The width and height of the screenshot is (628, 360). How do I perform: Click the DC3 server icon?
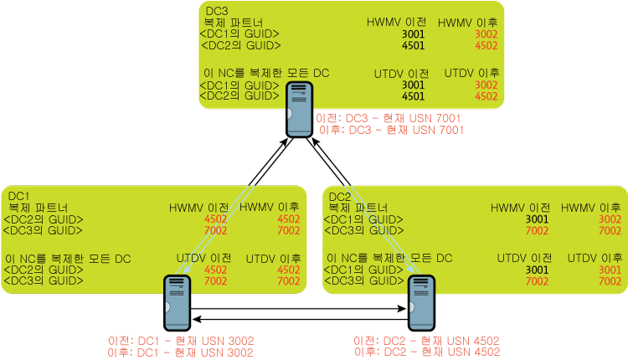[x=299, y=110]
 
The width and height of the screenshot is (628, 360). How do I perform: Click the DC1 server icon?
[x=177, y=303]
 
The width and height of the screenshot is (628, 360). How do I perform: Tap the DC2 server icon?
[x=421, y=303]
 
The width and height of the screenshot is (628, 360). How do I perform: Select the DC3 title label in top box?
[x=217, y=11]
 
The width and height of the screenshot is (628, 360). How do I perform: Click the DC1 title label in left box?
[x=18, y=196]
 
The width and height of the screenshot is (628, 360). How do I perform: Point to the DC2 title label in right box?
[x=340, y=197]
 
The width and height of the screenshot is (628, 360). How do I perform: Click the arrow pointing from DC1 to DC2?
[x=298, y=308]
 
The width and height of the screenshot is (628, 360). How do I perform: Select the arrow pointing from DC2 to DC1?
[x=300, y=319]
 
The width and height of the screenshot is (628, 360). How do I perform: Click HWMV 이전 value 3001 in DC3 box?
[x=413, y=34]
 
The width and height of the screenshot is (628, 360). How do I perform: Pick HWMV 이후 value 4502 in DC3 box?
[x=486, y=45]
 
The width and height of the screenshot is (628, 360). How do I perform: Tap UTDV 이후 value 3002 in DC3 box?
[x=486, y=85]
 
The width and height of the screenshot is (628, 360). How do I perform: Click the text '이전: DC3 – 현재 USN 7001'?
[x=388, y=118]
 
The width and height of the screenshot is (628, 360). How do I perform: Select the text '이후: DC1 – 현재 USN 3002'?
[x=180, y=352]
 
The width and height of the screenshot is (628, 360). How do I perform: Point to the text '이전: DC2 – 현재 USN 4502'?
[x=426, y=341]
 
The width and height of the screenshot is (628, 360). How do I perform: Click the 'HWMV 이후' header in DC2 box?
[x=591, y=208]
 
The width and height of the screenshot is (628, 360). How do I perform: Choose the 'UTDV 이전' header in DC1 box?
[x=203, y=259]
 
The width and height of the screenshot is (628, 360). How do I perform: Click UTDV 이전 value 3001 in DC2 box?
[x=537, y=270]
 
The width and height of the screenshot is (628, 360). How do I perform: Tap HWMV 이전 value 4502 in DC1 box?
[x=215, y=219]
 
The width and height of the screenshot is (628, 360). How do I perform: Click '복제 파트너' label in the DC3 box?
[x=234, y=23]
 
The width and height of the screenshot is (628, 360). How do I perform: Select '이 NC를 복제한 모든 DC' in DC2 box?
[x=389, y=259]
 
